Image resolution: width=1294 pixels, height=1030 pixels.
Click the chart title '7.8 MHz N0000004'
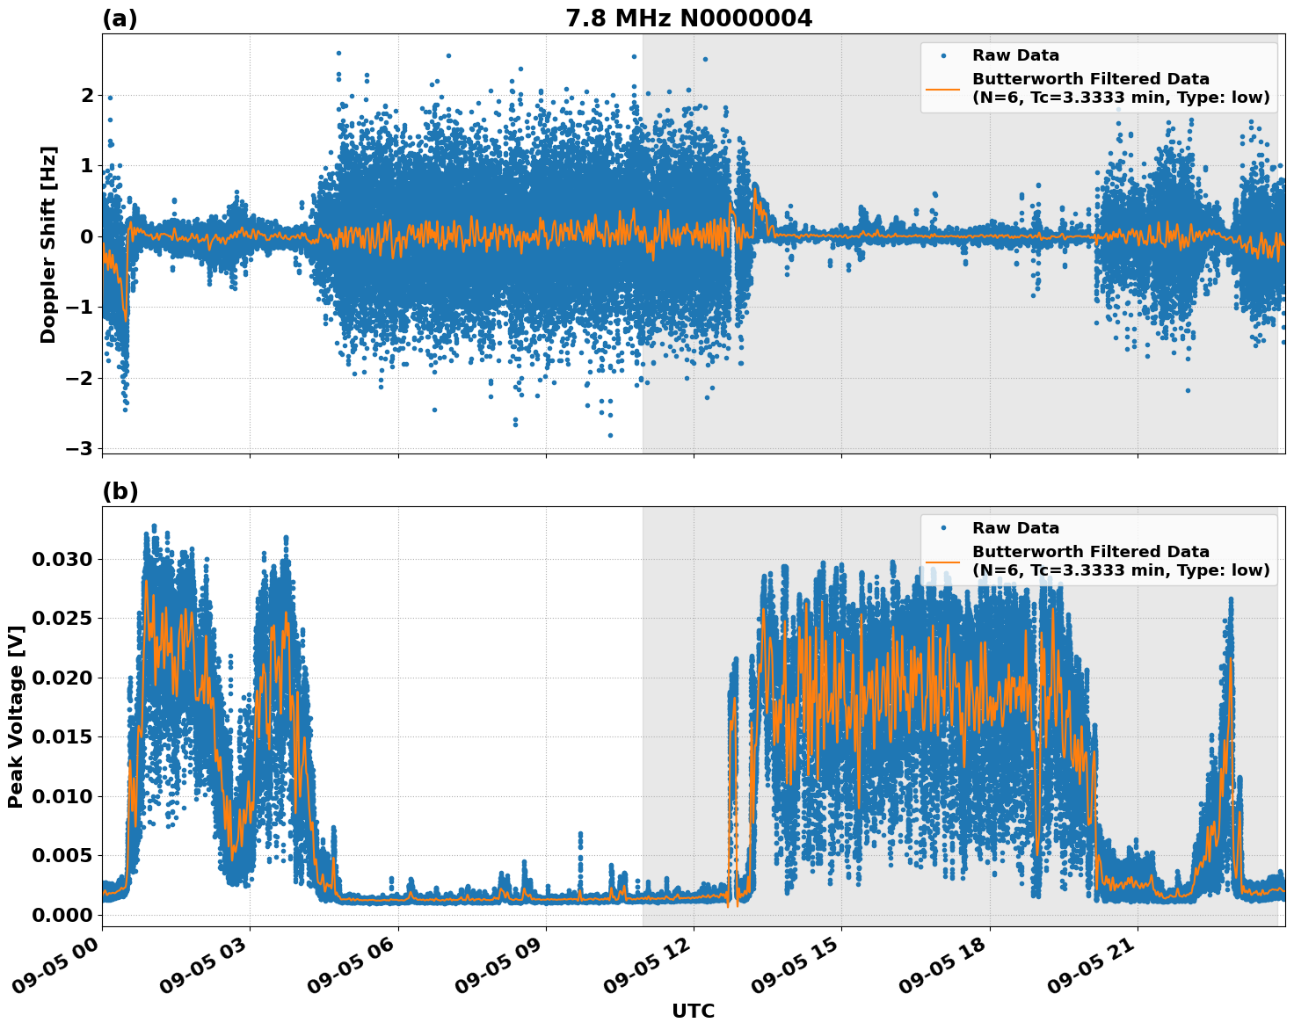[x=688, y=18]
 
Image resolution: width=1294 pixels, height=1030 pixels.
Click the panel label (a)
[x=120, y=18]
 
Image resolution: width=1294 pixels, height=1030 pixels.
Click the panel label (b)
[x=120, y=491]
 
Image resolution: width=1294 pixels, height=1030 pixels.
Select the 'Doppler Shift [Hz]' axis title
[x=48, y=244]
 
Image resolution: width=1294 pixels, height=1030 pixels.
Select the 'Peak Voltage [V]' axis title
[x=15, y=716]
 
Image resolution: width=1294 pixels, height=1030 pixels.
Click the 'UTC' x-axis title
[x=693, y=1011]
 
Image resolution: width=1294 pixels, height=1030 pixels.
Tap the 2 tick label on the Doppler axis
[x=87, y=95]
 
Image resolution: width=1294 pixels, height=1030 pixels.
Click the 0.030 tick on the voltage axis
[x=62, y=560]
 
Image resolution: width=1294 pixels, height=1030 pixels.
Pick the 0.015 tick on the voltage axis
[x=62, y=737]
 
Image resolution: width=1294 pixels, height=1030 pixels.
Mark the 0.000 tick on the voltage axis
[x=62, y=916]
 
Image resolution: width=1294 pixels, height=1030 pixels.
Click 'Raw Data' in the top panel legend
[x=1015, y=55]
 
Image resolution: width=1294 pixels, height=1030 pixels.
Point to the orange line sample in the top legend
[x=942, y=88]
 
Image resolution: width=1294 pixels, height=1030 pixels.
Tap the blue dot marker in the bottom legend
[x=942, y=528]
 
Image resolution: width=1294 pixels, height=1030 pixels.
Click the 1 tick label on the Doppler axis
[x=87, y=166]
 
